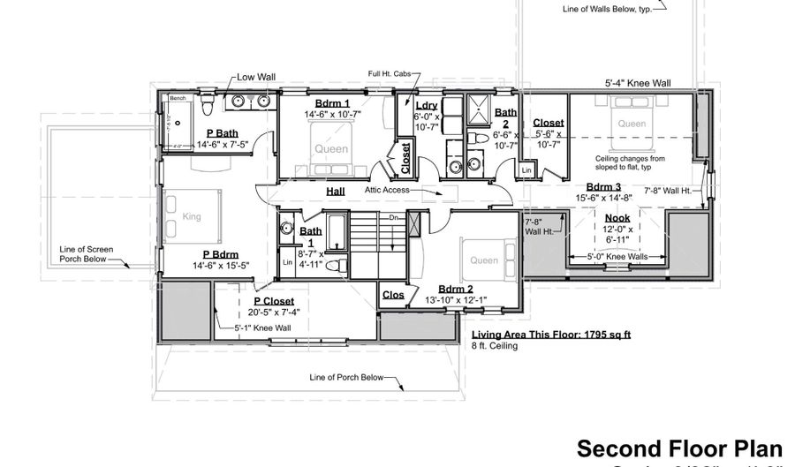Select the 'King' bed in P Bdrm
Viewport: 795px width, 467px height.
tap(192, 216)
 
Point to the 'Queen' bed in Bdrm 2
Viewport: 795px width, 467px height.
tap(483, 260)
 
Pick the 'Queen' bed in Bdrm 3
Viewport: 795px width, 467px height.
tap(631, 124)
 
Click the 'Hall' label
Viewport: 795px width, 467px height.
tap(336, 190)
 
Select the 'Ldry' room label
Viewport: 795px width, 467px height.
tap(426, 106)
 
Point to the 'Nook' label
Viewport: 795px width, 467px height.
tap(617, 217)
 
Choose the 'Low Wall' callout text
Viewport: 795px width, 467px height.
tap(256, 78)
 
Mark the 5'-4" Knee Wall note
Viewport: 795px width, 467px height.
tap(637, 83)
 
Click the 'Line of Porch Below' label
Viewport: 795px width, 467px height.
tap(346, 378)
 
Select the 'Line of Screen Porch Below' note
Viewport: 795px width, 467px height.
tap(83, 254)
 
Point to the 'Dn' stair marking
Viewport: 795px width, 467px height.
tap(420, 216)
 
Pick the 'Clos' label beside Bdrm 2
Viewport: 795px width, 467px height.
tap(393, 296)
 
